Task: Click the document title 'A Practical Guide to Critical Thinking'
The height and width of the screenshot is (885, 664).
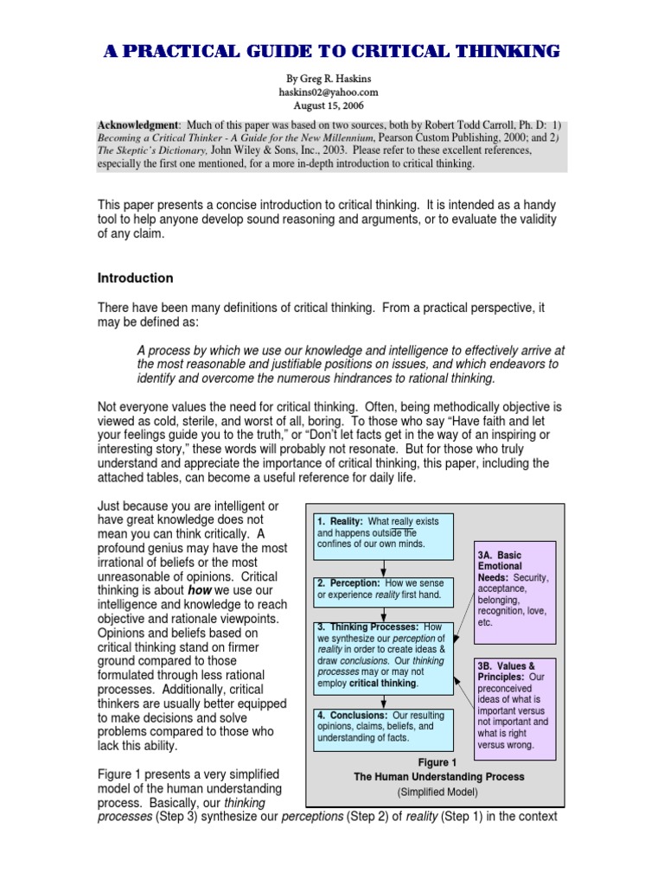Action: (x=332, y=52)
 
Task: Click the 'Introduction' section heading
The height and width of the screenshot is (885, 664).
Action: (x=135, y=278)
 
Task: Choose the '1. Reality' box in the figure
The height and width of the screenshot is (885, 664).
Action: (x=383, y=533)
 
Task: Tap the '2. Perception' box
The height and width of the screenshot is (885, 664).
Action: (x=383, y=589)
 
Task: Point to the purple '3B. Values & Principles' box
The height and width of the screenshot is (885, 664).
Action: (x=514, y=704)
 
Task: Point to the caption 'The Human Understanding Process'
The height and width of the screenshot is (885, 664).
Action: (x=438, y=777)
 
